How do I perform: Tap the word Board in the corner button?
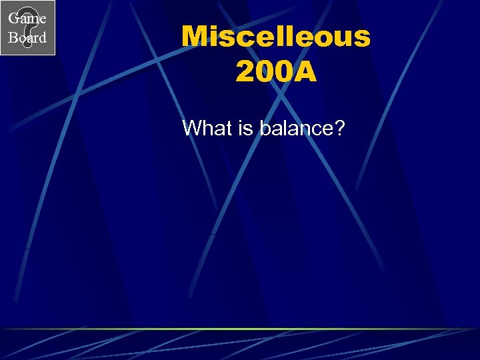pyautogui.click(x=27, y=37)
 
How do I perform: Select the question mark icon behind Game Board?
pyautogui.click(x=27, y=28)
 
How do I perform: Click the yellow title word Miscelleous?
pyautogui.click(x=275, y=37)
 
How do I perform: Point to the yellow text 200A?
pyautogui.click(x=275, y=73)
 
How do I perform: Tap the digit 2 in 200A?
pyautogui.click(x=245, y=73)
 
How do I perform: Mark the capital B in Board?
pyautogui.click(x=13, y=37)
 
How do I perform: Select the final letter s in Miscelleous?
pyautogui.click(x=361, y=38)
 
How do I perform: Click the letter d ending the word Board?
pyautogui.click(x=42, y=37)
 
